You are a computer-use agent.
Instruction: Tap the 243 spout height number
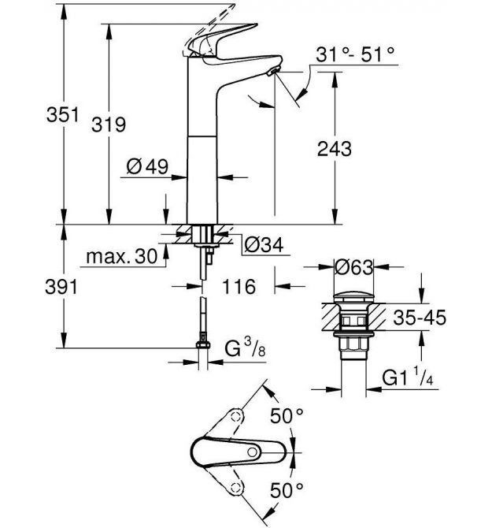pyautogui.click(x=334, y=149)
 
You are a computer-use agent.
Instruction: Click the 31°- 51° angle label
pyautogui.click(x=356, y=54)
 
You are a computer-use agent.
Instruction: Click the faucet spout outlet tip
pyautogui.click(x=272, y=72)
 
